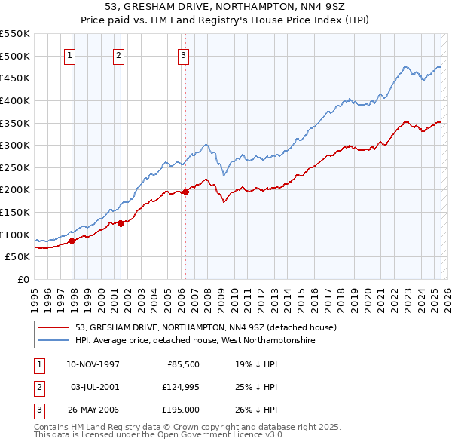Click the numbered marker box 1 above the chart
point(69,54)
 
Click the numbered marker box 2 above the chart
point(119,54)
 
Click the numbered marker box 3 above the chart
point(184,54)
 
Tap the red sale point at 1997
point(72,241)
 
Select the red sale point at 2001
point(121,223)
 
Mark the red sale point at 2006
point(185,192)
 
